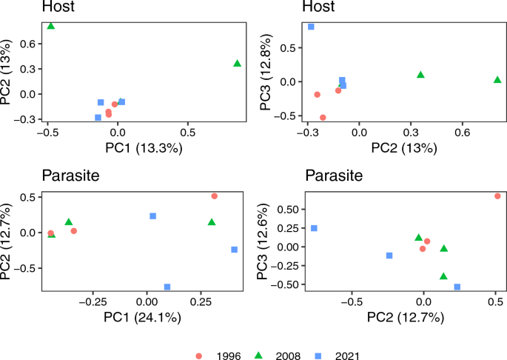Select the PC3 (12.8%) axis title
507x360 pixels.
pyautogui.click(x=269, y=72)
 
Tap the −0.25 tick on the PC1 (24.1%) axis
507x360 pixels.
pyautogui.click(x=93, y=303)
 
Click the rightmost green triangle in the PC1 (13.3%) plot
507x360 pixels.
pyautogui.click(x=237, y=64)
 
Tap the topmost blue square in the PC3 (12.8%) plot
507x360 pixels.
pyautogui.click(x=311, y=27)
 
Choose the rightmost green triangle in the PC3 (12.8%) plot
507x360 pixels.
pyautogui.click(x=497, y=79)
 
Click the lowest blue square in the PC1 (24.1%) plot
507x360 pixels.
pyautogui.click(x=167, y=287)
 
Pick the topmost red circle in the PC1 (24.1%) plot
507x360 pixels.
pyautogui.click(x=214, y=196)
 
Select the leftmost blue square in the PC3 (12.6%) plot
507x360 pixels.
pyautogui.click(x=314, y=228)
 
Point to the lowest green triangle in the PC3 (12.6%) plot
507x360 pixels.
pyautogui.click(x=443, y=276)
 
